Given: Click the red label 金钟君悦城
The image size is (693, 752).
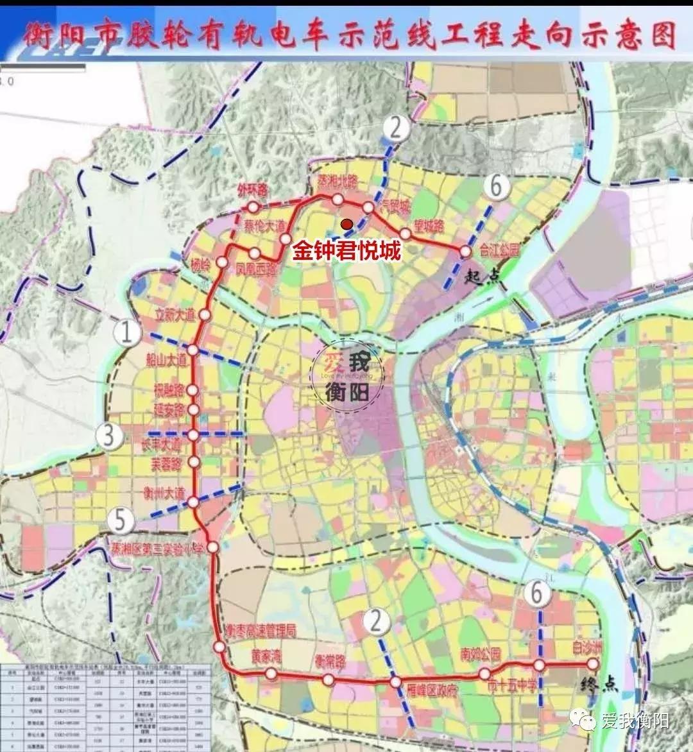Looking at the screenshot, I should [x=347, y=250].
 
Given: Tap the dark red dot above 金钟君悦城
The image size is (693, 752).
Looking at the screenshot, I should [x=346, y=224].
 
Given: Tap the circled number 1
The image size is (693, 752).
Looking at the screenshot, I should [x=126, y=332].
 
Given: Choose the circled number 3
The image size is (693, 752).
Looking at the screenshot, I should [x=109, y=435].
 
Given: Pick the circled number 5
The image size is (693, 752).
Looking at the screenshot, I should [x=121, y=519].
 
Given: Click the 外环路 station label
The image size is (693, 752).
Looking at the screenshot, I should [x=252, y=191].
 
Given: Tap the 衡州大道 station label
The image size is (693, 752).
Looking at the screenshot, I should [x=164, y=494].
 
